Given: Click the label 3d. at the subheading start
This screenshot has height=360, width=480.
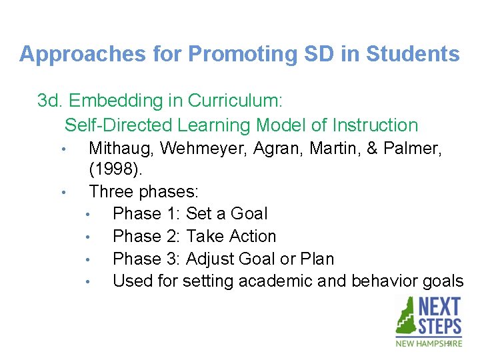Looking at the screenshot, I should pos(50,101).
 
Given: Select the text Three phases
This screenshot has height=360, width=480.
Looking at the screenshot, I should pos(143,192).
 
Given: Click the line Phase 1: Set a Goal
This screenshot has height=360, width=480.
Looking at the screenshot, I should pos(190,214).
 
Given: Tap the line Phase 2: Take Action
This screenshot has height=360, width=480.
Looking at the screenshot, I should pos(194,237).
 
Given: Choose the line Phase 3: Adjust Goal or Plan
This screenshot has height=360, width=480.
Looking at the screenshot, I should pos(223,259).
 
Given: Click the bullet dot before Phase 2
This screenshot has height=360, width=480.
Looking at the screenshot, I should pos(87,237).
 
